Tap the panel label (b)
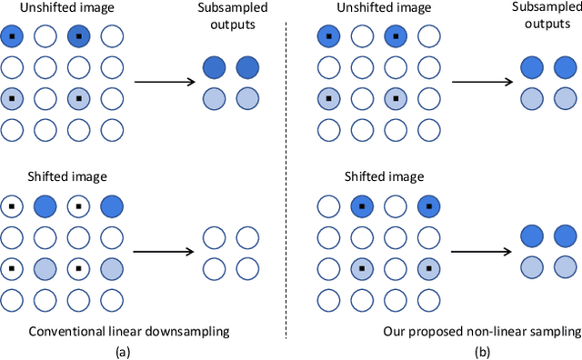[x=483, y=351]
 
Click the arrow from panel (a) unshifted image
[x=166, y=82]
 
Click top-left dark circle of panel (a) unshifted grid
[x=11, y=37]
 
